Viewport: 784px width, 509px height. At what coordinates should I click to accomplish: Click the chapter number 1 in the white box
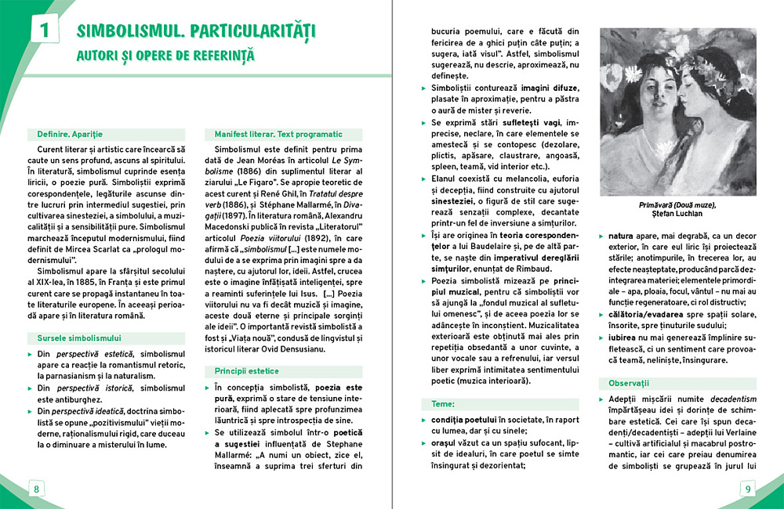44,31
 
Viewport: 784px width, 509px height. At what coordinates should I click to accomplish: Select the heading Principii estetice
247,370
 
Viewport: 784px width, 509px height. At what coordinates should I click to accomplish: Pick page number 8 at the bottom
36,489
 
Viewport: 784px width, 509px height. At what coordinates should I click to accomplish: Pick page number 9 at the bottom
748,489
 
